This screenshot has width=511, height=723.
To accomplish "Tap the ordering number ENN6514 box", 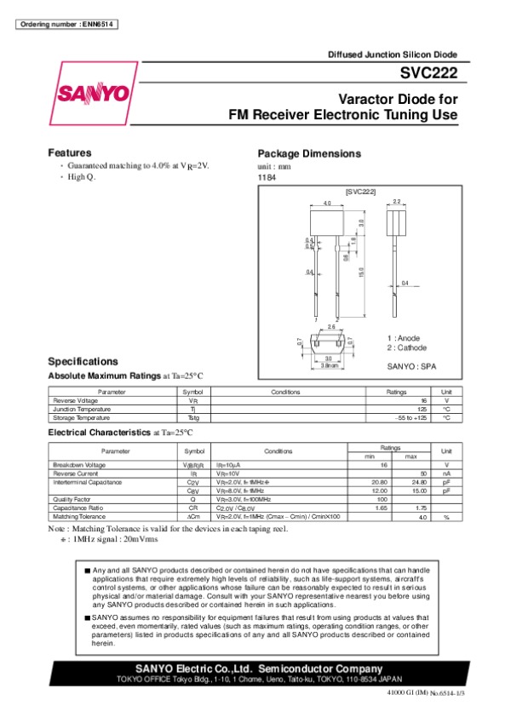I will (66, 23).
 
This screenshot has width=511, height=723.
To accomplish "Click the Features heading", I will (69, 152).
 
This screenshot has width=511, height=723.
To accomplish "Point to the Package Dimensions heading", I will (309, 153).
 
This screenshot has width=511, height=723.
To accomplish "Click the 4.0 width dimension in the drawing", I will (326, 204).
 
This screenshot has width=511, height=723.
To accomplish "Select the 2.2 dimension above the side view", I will (397, 202).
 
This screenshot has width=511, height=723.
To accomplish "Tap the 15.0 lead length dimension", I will (361, 273).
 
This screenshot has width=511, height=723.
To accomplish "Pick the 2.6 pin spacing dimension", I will (331, 327).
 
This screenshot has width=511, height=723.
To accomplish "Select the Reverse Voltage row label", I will (76, 400).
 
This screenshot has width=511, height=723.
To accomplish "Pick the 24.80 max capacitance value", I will (417, 482).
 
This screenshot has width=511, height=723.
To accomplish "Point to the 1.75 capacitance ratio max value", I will (419, 508).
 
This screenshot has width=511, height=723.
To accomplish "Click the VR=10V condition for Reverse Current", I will (227, 473).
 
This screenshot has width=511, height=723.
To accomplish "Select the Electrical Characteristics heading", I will (99, 433).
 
